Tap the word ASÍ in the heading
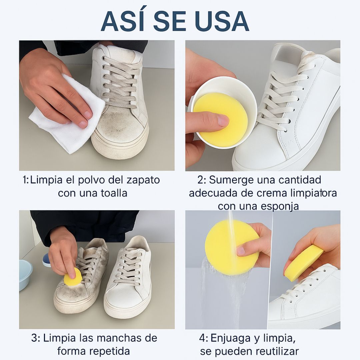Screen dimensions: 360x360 tap(124, 21)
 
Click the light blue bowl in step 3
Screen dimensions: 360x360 tap(26, 274)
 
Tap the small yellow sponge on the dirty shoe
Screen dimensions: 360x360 tap(73, 277)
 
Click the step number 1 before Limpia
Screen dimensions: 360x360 tap(25, 180)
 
